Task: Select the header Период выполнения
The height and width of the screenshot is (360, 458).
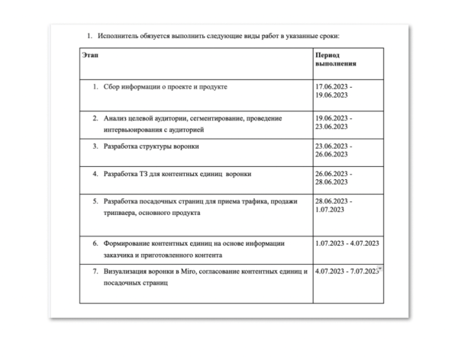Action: [336, 60]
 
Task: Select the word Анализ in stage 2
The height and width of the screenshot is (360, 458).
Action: [117, 120]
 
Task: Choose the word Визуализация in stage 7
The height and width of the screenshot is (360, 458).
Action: [127, 272]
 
